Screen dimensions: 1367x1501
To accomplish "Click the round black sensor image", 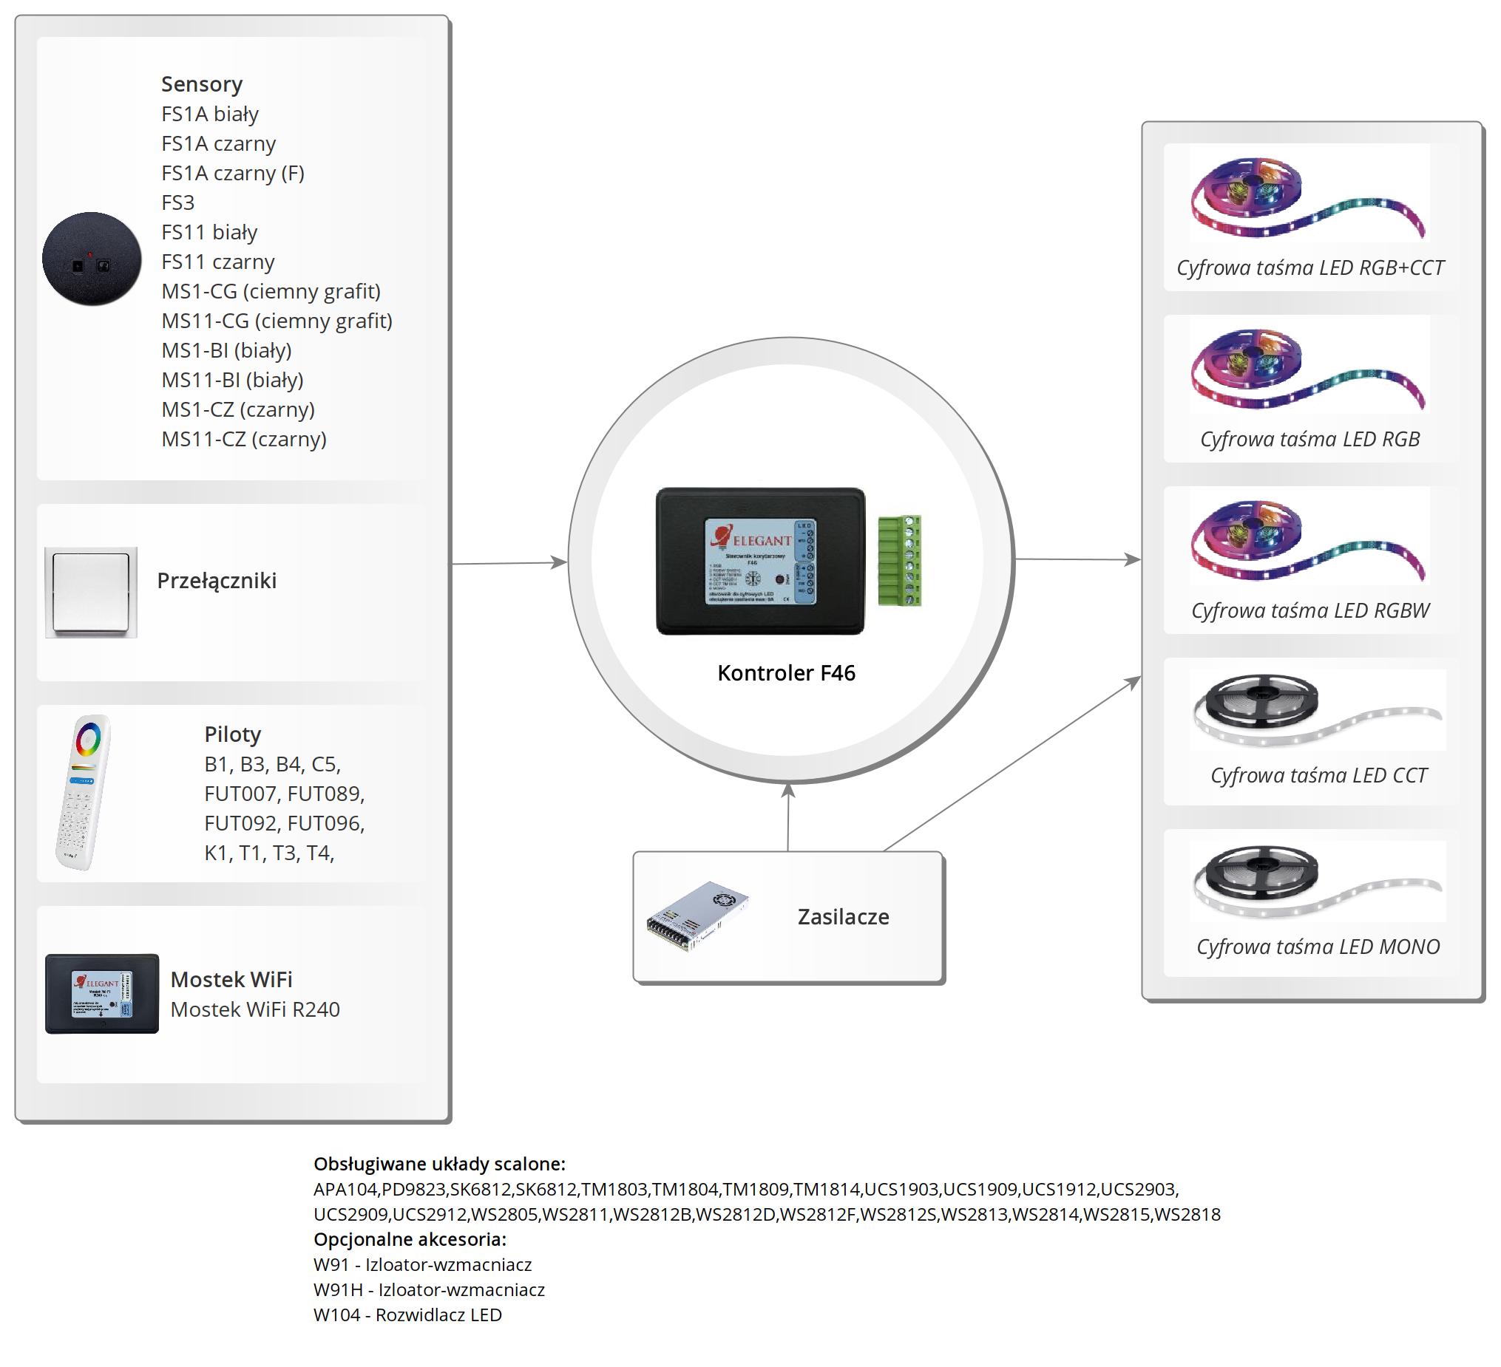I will (x=92, y=259).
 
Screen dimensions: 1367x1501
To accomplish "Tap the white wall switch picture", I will (x=91, y=593).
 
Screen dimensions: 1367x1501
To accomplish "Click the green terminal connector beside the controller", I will (x=899, y=560).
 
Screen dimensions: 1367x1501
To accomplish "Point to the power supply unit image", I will (x=697, y=916).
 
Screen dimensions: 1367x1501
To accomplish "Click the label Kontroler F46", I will (x=785, y=672).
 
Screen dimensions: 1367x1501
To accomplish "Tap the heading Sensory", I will (x=202, y=84).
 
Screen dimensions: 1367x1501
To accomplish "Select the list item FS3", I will (x=178, y=202).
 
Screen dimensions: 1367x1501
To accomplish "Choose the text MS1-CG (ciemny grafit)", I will (x=271, y=291).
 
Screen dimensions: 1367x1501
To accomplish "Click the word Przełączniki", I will (x=217, y=581).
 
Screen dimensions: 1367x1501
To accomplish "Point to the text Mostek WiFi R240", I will (x=254, y=1009).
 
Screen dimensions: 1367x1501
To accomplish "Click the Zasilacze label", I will (x=843, y=917).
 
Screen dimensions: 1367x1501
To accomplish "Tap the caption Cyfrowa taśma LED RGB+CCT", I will (x=1309, y=268).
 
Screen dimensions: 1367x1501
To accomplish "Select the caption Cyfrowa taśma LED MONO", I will (x=1318, y=947).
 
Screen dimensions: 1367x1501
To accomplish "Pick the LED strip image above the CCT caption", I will (x=1316, y=710).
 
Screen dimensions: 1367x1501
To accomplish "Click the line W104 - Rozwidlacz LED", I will (x=407, y=1315).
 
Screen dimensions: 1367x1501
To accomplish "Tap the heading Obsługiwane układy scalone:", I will (x=439, y=1164).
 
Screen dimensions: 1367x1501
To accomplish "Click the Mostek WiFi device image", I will (x=102, y=993).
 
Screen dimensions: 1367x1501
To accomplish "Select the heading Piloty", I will (x=232, y=734).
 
